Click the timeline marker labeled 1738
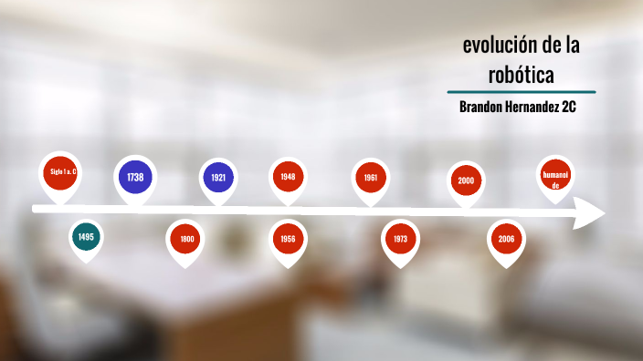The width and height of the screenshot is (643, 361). (x=135, y=177)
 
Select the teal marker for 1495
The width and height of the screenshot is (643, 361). (x=86, y=237)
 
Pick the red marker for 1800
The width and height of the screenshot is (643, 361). (x=186, y=239)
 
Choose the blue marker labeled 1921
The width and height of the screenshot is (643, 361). (x=218, y=178)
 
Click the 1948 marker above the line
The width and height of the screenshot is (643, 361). (x=288, y=177)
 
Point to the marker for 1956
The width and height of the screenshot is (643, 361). (x=288, y=239)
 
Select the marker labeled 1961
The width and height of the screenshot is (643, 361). (x=371, y=178)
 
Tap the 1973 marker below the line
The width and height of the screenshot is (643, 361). (x=400, y=239)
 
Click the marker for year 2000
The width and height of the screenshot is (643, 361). (x=466, y=180)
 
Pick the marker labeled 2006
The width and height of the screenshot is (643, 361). (x=505, y=239)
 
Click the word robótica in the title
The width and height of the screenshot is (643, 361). (x=521, y=72)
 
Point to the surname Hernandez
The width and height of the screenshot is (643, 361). (x=533, y=107)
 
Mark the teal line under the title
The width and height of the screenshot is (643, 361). (x=521, y=92)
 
